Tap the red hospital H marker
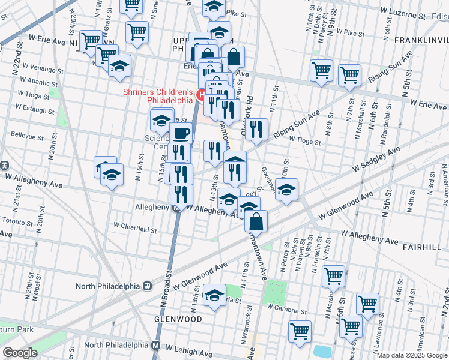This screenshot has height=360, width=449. [x=202, y=94]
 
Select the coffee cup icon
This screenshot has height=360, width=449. [x=181, y=133]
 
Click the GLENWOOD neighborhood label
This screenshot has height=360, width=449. [x=178, y=319]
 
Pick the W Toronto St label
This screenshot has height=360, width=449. [x=17, y=221]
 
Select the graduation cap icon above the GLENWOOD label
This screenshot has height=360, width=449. [x=214, y=295]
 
